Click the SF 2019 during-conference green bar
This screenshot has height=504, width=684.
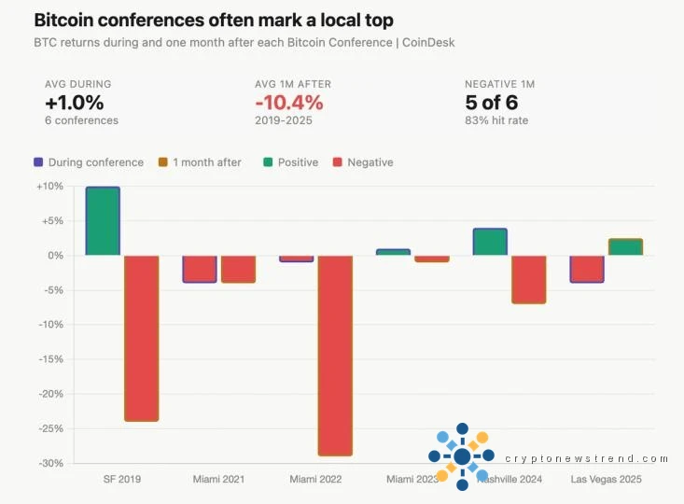click(103, 221)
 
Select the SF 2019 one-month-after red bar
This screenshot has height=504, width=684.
click(141, 338)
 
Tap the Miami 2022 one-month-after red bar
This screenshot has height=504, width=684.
click(335, 356)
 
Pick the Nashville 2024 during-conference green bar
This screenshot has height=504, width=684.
click(490, 242)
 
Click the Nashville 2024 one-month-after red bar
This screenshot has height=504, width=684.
click(528, 279)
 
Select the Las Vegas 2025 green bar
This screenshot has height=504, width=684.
click(625, 247)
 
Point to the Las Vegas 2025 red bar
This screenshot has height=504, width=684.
click(587, 269)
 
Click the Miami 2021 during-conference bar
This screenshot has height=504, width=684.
click(200, 269)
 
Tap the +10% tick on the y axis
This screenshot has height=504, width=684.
click(50, 187)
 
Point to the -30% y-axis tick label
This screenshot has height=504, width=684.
click(50, 463)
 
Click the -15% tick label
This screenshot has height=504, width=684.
click(50, 359)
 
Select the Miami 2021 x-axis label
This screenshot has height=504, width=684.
click(218, 480)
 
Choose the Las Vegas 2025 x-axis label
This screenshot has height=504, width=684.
click(607, 480)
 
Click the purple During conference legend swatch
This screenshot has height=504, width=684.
click(38, 162)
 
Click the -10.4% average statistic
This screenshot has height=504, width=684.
click(289, 103)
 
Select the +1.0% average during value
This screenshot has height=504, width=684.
click(75, 103)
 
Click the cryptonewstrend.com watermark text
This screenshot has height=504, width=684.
click(586, 459)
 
